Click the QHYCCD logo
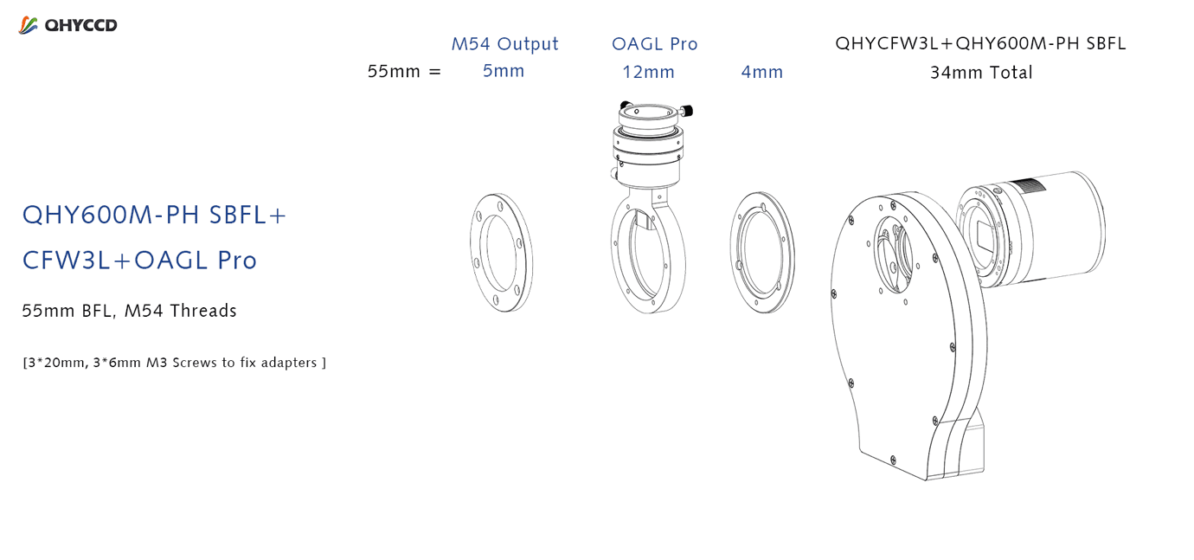point(67,25)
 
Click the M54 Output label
point(504,44)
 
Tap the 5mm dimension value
point(504,71)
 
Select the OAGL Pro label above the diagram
point(655,44)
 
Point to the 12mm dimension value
point(648,72)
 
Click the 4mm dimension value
point(761,72)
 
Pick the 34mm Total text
point(981,73)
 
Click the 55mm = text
point(404,72)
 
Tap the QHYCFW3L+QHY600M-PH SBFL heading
point(980,43)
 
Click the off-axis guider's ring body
point(617,256)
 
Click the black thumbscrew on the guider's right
point(687,111)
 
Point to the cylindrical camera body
point(1061,229)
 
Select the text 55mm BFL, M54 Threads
point(129,311)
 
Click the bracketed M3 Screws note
point(174,363)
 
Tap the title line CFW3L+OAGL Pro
point(139,261)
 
